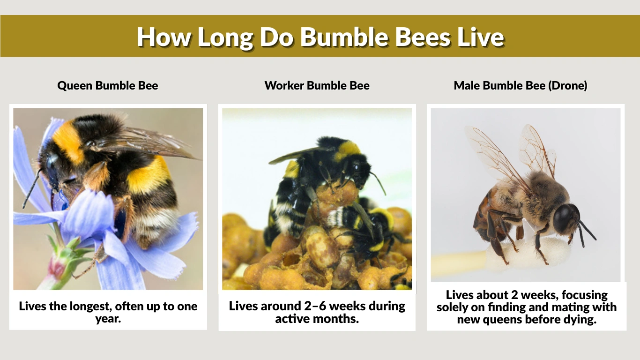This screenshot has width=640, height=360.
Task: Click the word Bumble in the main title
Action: coord(344,37)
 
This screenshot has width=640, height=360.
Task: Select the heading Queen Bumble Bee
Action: coord(108,86)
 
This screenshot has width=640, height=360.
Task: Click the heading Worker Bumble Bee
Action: coord(317,86)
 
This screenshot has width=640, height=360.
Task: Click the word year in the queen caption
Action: coord(108,319)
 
